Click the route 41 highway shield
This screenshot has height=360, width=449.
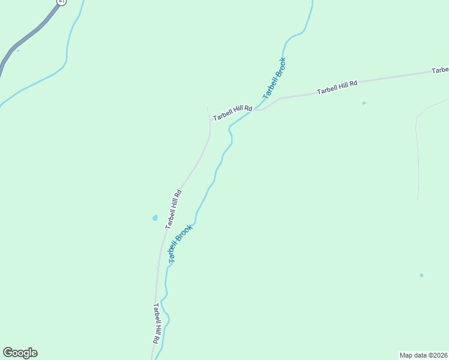(x=61, y=2)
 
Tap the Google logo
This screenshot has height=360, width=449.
(x=20, y=353)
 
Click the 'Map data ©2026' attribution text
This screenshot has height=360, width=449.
(x=423, y=355)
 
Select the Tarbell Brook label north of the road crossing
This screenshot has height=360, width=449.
(x=274, y=79)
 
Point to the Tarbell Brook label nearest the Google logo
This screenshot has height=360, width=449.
(x=180, y=244)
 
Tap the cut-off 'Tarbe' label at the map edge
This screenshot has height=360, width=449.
(x=440, y=70)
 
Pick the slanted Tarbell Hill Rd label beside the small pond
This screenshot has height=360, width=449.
(x=173, y=209)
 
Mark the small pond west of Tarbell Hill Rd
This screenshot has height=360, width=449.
(x=155, y=218)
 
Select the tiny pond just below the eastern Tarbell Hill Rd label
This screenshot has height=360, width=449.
(x=364, y=103)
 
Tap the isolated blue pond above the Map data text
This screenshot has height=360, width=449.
(x=421, y=275)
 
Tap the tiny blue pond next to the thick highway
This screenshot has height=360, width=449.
(x=18, y=50)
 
